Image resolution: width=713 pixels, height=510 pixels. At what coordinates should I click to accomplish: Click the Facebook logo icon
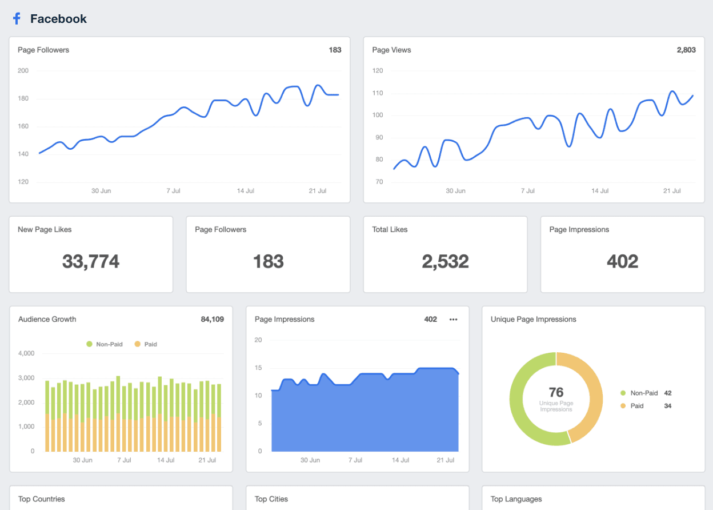(x=17, y=18)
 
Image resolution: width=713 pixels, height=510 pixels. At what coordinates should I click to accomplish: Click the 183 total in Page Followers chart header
(x=335, y=50)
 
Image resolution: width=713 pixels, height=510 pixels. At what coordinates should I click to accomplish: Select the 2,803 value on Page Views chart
(x=686, y=50)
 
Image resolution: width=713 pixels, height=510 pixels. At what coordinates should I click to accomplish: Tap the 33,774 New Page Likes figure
(x=91, y=261)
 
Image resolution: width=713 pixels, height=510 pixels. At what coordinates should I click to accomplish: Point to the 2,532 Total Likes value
(x=445, y=261)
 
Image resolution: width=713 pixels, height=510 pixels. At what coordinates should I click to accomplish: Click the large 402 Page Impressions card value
(x=622, y=261)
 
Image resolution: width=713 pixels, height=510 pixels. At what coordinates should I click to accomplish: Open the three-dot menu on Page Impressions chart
(x=454, y=320)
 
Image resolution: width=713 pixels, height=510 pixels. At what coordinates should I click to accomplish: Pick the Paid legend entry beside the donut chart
(x=636, y=406)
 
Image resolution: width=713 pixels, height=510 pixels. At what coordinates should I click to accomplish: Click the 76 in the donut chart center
(x=556, y=392)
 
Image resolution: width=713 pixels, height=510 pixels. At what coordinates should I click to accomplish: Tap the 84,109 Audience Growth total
(x=212, y=319)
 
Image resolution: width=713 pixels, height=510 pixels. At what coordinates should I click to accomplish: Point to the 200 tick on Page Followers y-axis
(x=23, y=71)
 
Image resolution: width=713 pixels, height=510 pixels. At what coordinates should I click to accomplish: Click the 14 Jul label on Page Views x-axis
(x=600, y=191)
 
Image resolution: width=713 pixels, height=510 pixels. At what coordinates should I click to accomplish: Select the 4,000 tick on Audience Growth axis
(x=26, y=353)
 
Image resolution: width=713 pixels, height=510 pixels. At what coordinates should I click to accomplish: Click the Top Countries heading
(x=42, y=499)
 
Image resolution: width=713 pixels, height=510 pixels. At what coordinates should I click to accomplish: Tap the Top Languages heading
(x=516, y=499)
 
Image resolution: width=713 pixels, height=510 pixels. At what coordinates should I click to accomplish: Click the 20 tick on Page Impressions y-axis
(x=258, y=340)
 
